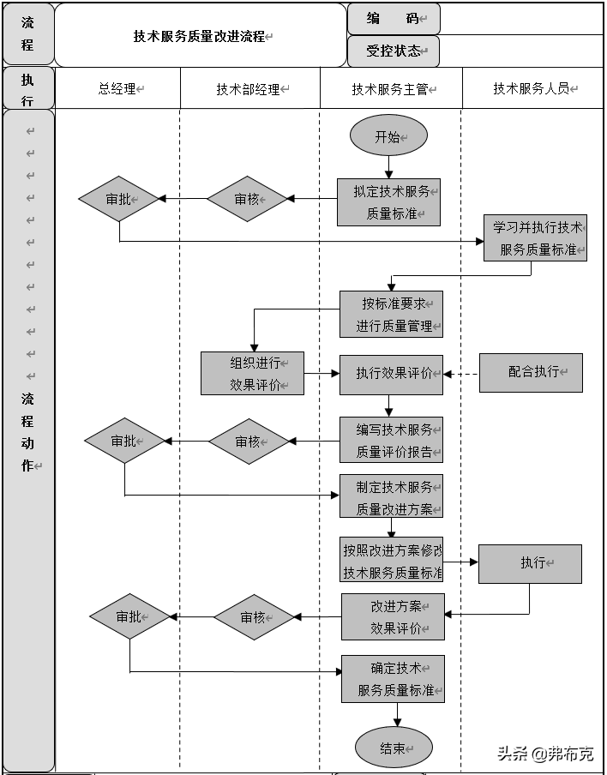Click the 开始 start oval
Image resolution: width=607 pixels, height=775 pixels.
tap(388, 136)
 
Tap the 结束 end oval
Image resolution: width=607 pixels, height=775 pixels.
tap(394, 748)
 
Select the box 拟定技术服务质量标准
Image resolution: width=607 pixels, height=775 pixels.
tap(388, 202)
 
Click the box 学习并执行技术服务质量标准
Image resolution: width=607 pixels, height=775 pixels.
tap(535, 238)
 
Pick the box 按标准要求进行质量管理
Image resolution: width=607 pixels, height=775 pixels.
tap(391, 315)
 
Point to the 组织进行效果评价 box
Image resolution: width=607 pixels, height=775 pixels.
tap(252, 374)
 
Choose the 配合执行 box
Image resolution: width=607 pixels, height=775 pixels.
tap(531, 372)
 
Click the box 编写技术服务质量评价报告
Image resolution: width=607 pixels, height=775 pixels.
tap(391, 441)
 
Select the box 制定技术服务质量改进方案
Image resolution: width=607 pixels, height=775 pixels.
tap(391, 497)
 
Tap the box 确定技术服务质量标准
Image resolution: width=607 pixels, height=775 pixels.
tap(393, 679)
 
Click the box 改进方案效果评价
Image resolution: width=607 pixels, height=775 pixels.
tap(393, 617)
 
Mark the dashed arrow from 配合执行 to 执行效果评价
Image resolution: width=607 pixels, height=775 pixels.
tap(461, 374)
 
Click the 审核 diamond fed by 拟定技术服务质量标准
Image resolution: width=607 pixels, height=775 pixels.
tap(247, 199)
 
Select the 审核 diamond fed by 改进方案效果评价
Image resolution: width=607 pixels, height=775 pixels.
tap(253, 617)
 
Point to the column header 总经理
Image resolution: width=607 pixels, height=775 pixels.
tap(117, 88)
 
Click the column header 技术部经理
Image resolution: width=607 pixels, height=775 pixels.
tap(249, 88)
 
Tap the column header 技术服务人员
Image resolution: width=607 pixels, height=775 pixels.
tap(532, 88)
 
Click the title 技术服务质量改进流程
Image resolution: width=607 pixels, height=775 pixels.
tap(200, 37)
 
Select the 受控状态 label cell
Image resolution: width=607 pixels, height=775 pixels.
tap(394, 51)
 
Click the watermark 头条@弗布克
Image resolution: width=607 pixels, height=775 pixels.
tap(545, 754)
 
